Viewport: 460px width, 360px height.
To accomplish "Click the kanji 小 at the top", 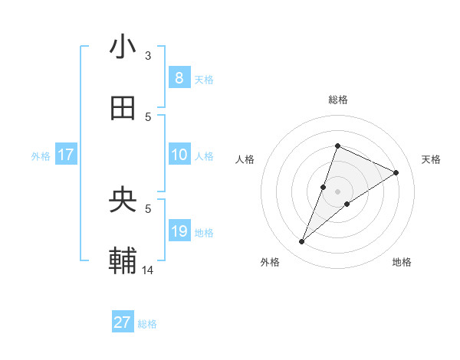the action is [123, 47].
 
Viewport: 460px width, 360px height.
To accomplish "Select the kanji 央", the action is [123, 200].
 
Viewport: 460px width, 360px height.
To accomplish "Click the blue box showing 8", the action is [179, 77].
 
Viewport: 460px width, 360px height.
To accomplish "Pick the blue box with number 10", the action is [179, 155].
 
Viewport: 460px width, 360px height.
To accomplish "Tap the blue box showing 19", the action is [179, 231].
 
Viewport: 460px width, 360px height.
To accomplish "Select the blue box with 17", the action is [66, 155].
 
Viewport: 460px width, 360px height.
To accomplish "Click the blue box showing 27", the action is [123, 322].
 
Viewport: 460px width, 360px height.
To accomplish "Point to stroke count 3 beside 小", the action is [148, 56].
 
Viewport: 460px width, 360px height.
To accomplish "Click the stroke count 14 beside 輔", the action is [148, 270].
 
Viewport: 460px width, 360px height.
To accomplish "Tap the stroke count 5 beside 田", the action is [148, 117].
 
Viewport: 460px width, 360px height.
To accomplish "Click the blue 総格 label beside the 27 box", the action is [148, 324].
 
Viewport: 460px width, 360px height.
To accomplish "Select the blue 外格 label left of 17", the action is [41, 155].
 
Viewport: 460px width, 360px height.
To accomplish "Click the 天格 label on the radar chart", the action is [431, 159].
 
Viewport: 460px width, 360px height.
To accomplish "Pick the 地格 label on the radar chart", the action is [402, 262].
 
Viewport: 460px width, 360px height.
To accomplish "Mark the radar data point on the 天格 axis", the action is [396, 172].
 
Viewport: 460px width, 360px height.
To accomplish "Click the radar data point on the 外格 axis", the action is [302, 242].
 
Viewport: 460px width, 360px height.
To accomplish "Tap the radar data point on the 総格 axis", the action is [337, 146].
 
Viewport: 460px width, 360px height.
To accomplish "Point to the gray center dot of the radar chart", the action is [337, 191].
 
